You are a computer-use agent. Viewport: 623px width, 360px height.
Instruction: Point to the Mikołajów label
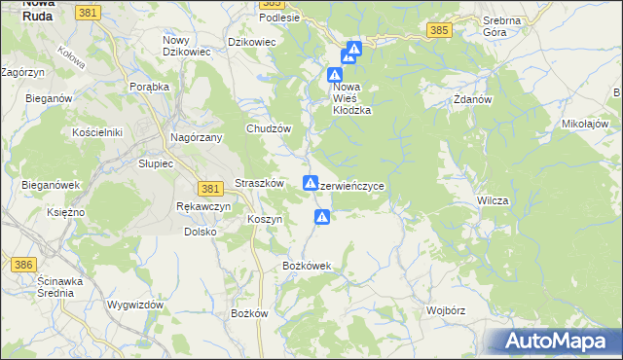point(585,125)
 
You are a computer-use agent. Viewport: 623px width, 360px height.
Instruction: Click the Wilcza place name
point(494,199)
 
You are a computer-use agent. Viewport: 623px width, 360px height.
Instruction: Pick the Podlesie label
point(279,18)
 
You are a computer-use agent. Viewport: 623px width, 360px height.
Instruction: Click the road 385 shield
point(439,31)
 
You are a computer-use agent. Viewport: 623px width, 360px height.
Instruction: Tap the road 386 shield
point(22,264)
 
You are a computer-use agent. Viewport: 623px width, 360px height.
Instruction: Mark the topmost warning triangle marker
point(354,48)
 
